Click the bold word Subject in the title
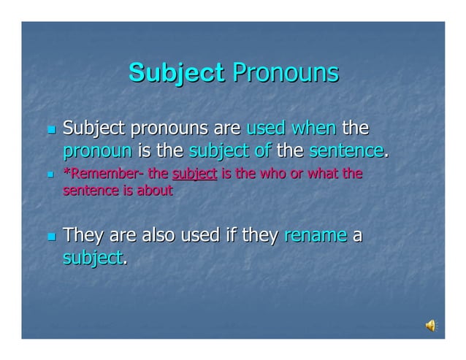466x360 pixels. tap(175, 73)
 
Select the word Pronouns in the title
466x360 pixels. tap(285, 73)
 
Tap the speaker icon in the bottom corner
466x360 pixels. tap(431, 326)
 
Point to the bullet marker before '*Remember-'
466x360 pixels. tap(50, 175)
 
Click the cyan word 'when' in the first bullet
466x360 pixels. tap(313, 129)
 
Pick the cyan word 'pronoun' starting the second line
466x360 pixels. tap(97, 152)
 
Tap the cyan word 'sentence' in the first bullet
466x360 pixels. tap(346, 152)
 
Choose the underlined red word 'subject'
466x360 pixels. tap(194, 175)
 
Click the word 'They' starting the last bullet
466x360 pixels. tap(83, 237)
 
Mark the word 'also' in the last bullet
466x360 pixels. tap(158, 237)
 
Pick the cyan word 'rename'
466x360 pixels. tap(315, 237)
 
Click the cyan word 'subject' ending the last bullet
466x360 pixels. tap(92, 258)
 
